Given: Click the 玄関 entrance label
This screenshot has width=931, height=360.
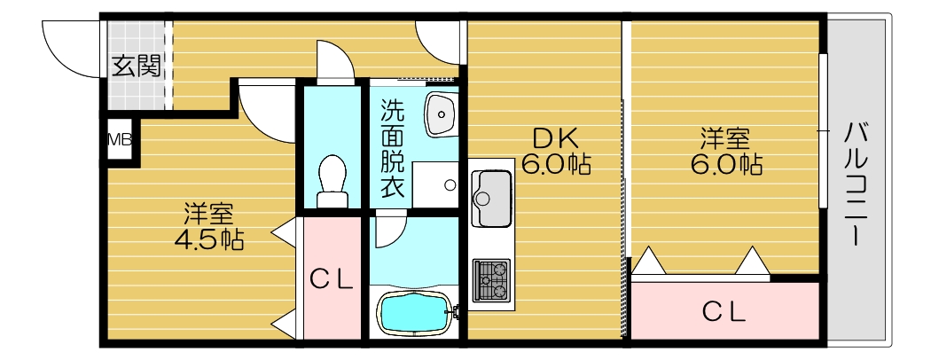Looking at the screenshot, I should tap(136, 67).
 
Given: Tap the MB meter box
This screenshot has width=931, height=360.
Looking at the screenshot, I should tap(119, 139).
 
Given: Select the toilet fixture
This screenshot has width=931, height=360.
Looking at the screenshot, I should tap(332, 181).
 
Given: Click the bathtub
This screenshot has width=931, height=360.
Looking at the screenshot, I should tap(414, 311).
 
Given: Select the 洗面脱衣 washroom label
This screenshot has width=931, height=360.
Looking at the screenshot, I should tap(392, 148).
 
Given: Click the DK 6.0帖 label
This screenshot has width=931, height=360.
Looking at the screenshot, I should tap(555, 152).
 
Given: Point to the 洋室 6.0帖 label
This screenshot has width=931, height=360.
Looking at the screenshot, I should tap(726, 152).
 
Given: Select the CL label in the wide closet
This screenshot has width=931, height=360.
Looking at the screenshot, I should tap(724, 311).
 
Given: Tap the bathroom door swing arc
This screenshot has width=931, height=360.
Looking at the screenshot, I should tap(388, 233).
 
